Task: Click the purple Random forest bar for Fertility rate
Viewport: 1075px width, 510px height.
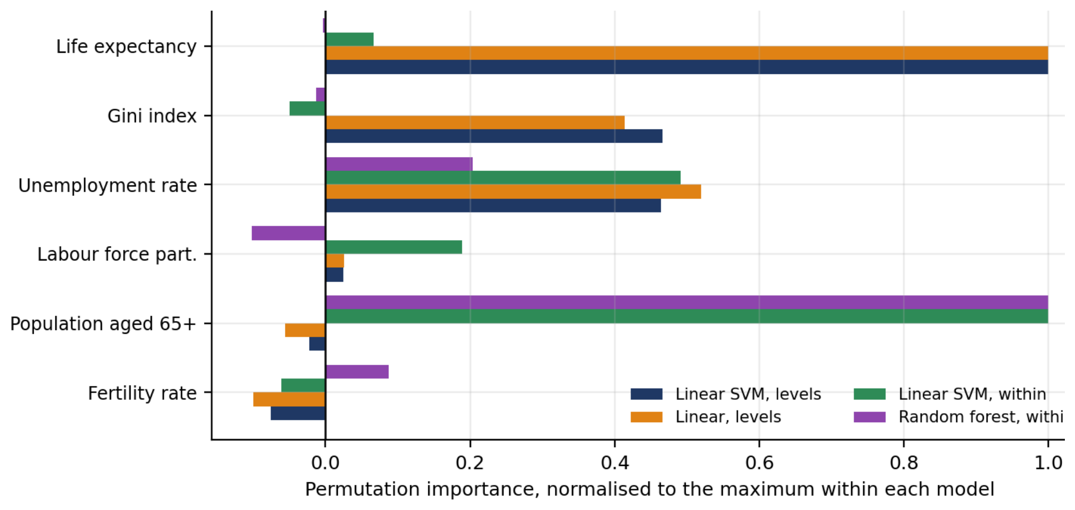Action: point(357,372)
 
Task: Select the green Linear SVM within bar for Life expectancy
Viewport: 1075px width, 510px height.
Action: point(349,39)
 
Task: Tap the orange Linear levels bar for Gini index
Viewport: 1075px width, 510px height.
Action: point(475,122)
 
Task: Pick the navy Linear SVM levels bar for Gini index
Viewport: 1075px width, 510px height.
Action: point(494,136)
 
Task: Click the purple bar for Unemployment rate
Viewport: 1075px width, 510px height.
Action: point(399,164)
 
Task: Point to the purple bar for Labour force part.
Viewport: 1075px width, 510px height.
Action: point(288,233)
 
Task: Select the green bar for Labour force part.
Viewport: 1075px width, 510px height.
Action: point(394,247)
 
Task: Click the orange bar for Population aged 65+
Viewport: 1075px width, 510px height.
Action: point(305,330)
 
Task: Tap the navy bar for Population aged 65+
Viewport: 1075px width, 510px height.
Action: point(317,344)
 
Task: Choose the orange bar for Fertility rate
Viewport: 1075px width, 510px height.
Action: point(289,399)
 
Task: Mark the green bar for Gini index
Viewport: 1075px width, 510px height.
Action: point(307,109)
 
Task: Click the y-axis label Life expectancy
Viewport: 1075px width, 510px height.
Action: point(126,47)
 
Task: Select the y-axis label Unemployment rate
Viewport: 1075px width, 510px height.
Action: point(108,185)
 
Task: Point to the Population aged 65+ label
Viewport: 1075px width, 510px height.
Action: point(103,324)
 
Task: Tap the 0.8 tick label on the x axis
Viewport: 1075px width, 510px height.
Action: point(904,463)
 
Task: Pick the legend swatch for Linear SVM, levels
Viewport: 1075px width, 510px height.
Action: point(646,394)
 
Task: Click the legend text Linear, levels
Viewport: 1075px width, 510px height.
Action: point(728,417)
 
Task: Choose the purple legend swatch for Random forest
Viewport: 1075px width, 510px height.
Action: point(869,417)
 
